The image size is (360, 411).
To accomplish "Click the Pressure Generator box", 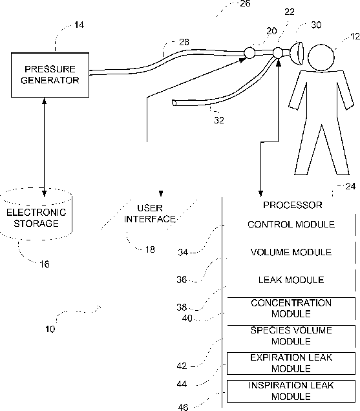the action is tap(50, 75).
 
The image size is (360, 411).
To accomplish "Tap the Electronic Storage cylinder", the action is tap(36, 214).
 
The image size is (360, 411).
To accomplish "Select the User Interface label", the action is tap(150, 214).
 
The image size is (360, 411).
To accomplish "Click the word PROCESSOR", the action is tap(293, 205).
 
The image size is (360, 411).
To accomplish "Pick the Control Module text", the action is tap(291, 224).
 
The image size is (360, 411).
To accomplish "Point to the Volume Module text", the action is tap(291, 252).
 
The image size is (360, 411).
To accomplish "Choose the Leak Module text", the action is tap(291, 280).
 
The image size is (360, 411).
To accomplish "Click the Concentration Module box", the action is tap(291, 308).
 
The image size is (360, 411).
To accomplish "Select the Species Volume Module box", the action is tap(291, 336).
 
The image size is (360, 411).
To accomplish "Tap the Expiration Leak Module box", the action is tap(291, 363).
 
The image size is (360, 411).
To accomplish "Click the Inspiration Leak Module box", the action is tap(291, 391).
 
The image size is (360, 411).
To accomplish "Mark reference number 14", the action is tap(79, 25).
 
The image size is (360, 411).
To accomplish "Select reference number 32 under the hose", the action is tap(219, 120).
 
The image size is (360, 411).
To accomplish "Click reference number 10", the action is tap(50, 329).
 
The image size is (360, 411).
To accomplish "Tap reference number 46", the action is tap(183, 407).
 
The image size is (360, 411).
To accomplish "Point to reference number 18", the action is tap(150, 249).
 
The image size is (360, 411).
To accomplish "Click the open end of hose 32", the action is tap(174, 103).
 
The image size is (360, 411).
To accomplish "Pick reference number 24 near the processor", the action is tap(350, 186).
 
